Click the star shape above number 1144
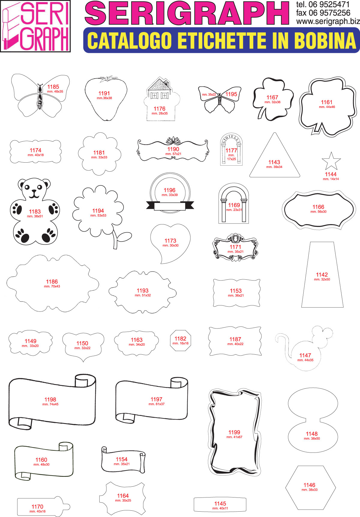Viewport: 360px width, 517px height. (331, 161)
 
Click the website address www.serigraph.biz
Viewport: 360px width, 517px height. (328, 22)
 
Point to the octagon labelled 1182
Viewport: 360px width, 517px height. (181, 340)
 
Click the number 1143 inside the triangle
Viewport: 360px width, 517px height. (274, 162)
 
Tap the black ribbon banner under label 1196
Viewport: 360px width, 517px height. (170, 206)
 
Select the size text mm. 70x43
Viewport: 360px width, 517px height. (52, 286)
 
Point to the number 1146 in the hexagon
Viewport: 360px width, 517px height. (309, 485)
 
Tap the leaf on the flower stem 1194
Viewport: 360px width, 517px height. (124, 236)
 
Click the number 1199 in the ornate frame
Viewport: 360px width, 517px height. (234, 432)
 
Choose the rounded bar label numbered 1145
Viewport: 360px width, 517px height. (220, 504)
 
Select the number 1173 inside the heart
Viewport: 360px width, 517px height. (170, 241)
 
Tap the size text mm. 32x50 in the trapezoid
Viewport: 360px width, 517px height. (322, 279)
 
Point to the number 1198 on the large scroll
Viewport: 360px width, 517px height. (50, 399)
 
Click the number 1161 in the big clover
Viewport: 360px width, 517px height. (327, 102)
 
